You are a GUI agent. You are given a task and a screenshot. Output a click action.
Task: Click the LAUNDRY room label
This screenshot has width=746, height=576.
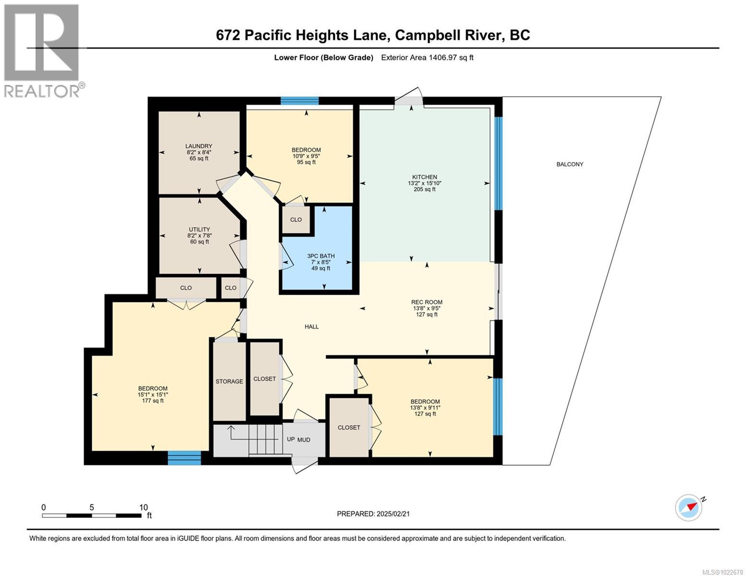[x=199, y=146]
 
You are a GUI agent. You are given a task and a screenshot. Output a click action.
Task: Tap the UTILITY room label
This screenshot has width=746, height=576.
[x=199, y=229]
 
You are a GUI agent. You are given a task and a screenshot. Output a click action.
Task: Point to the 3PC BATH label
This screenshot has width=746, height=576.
[x=321, y=256]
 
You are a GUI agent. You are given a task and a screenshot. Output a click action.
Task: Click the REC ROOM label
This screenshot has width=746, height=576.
[x=427, y=302]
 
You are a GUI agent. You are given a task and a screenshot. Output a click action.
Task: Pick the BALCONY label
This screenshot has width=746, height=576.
[x=570, y=164]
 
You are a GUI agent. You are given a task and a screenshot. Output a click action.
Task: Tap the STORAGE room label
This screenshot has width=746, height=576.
[x=229, y=381]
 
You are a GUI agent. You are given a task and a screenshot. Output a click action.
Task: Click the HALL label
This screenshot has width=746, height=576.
[x=311, y=326]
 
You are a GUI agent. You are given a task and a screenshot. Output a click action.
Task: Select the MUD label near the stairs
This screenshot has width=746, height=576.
[x=304, y=440]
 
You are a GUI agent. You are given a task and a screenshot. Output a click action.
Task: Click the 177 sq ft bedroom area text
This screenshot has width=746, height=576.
[x=153, y=401]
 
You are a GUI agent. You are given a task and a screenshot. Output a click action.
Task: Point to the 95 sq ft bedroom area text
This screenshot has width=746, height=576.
[x=306, y=162]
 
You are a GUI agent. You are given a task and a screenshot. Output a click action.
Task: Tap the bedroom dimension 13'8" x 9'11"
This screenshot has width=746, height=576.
[x=425, y=408]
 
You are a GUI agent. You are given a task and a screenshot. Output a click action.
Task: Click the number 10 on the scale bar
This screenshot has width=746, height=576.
[x=143, y=507]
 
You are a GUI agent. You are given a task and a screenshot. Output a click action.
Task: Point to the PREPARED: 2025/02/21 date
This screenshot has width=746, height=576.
[x=373, y=514]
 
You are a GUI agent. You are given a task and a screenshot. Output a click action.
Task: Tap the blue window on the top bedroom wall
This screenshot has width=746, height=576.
[x=300, y=100]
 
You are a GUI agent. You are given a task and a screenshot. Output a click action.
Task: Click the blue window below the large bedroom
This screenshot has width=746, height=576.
[x=184, y=458]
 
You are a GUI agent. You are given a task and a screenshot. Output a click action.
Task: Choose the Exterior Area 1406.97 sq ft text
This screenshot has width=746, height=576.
[x=427, y=58]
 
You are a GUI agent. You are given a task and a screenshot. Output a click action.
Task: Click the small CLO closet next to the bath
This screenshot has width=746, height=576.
[x=296, y=220]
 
